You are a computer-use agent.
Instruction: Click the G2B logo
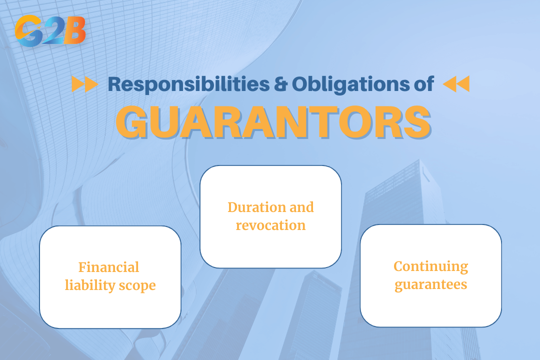[x=50, y=31]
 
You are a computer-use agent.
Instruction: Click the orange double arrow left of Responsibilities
[x=84, y=84]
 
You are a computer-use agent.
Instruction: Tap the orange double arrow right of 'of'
[x=456, y=84]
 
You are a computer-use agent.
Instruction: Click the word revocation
[x=270, y=225]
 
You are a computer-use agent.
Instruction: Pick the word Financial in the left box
[x=108, y=267]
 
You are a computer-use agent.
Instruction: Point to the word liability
[x=88, y=285]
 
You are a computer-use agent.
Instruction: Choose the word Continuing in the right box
[x=430, y=266]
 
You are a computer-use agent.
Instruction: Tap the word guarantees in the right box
[x=430, y=284]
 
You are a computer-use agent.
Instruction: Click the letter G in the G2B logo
[x=27, y=31]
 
